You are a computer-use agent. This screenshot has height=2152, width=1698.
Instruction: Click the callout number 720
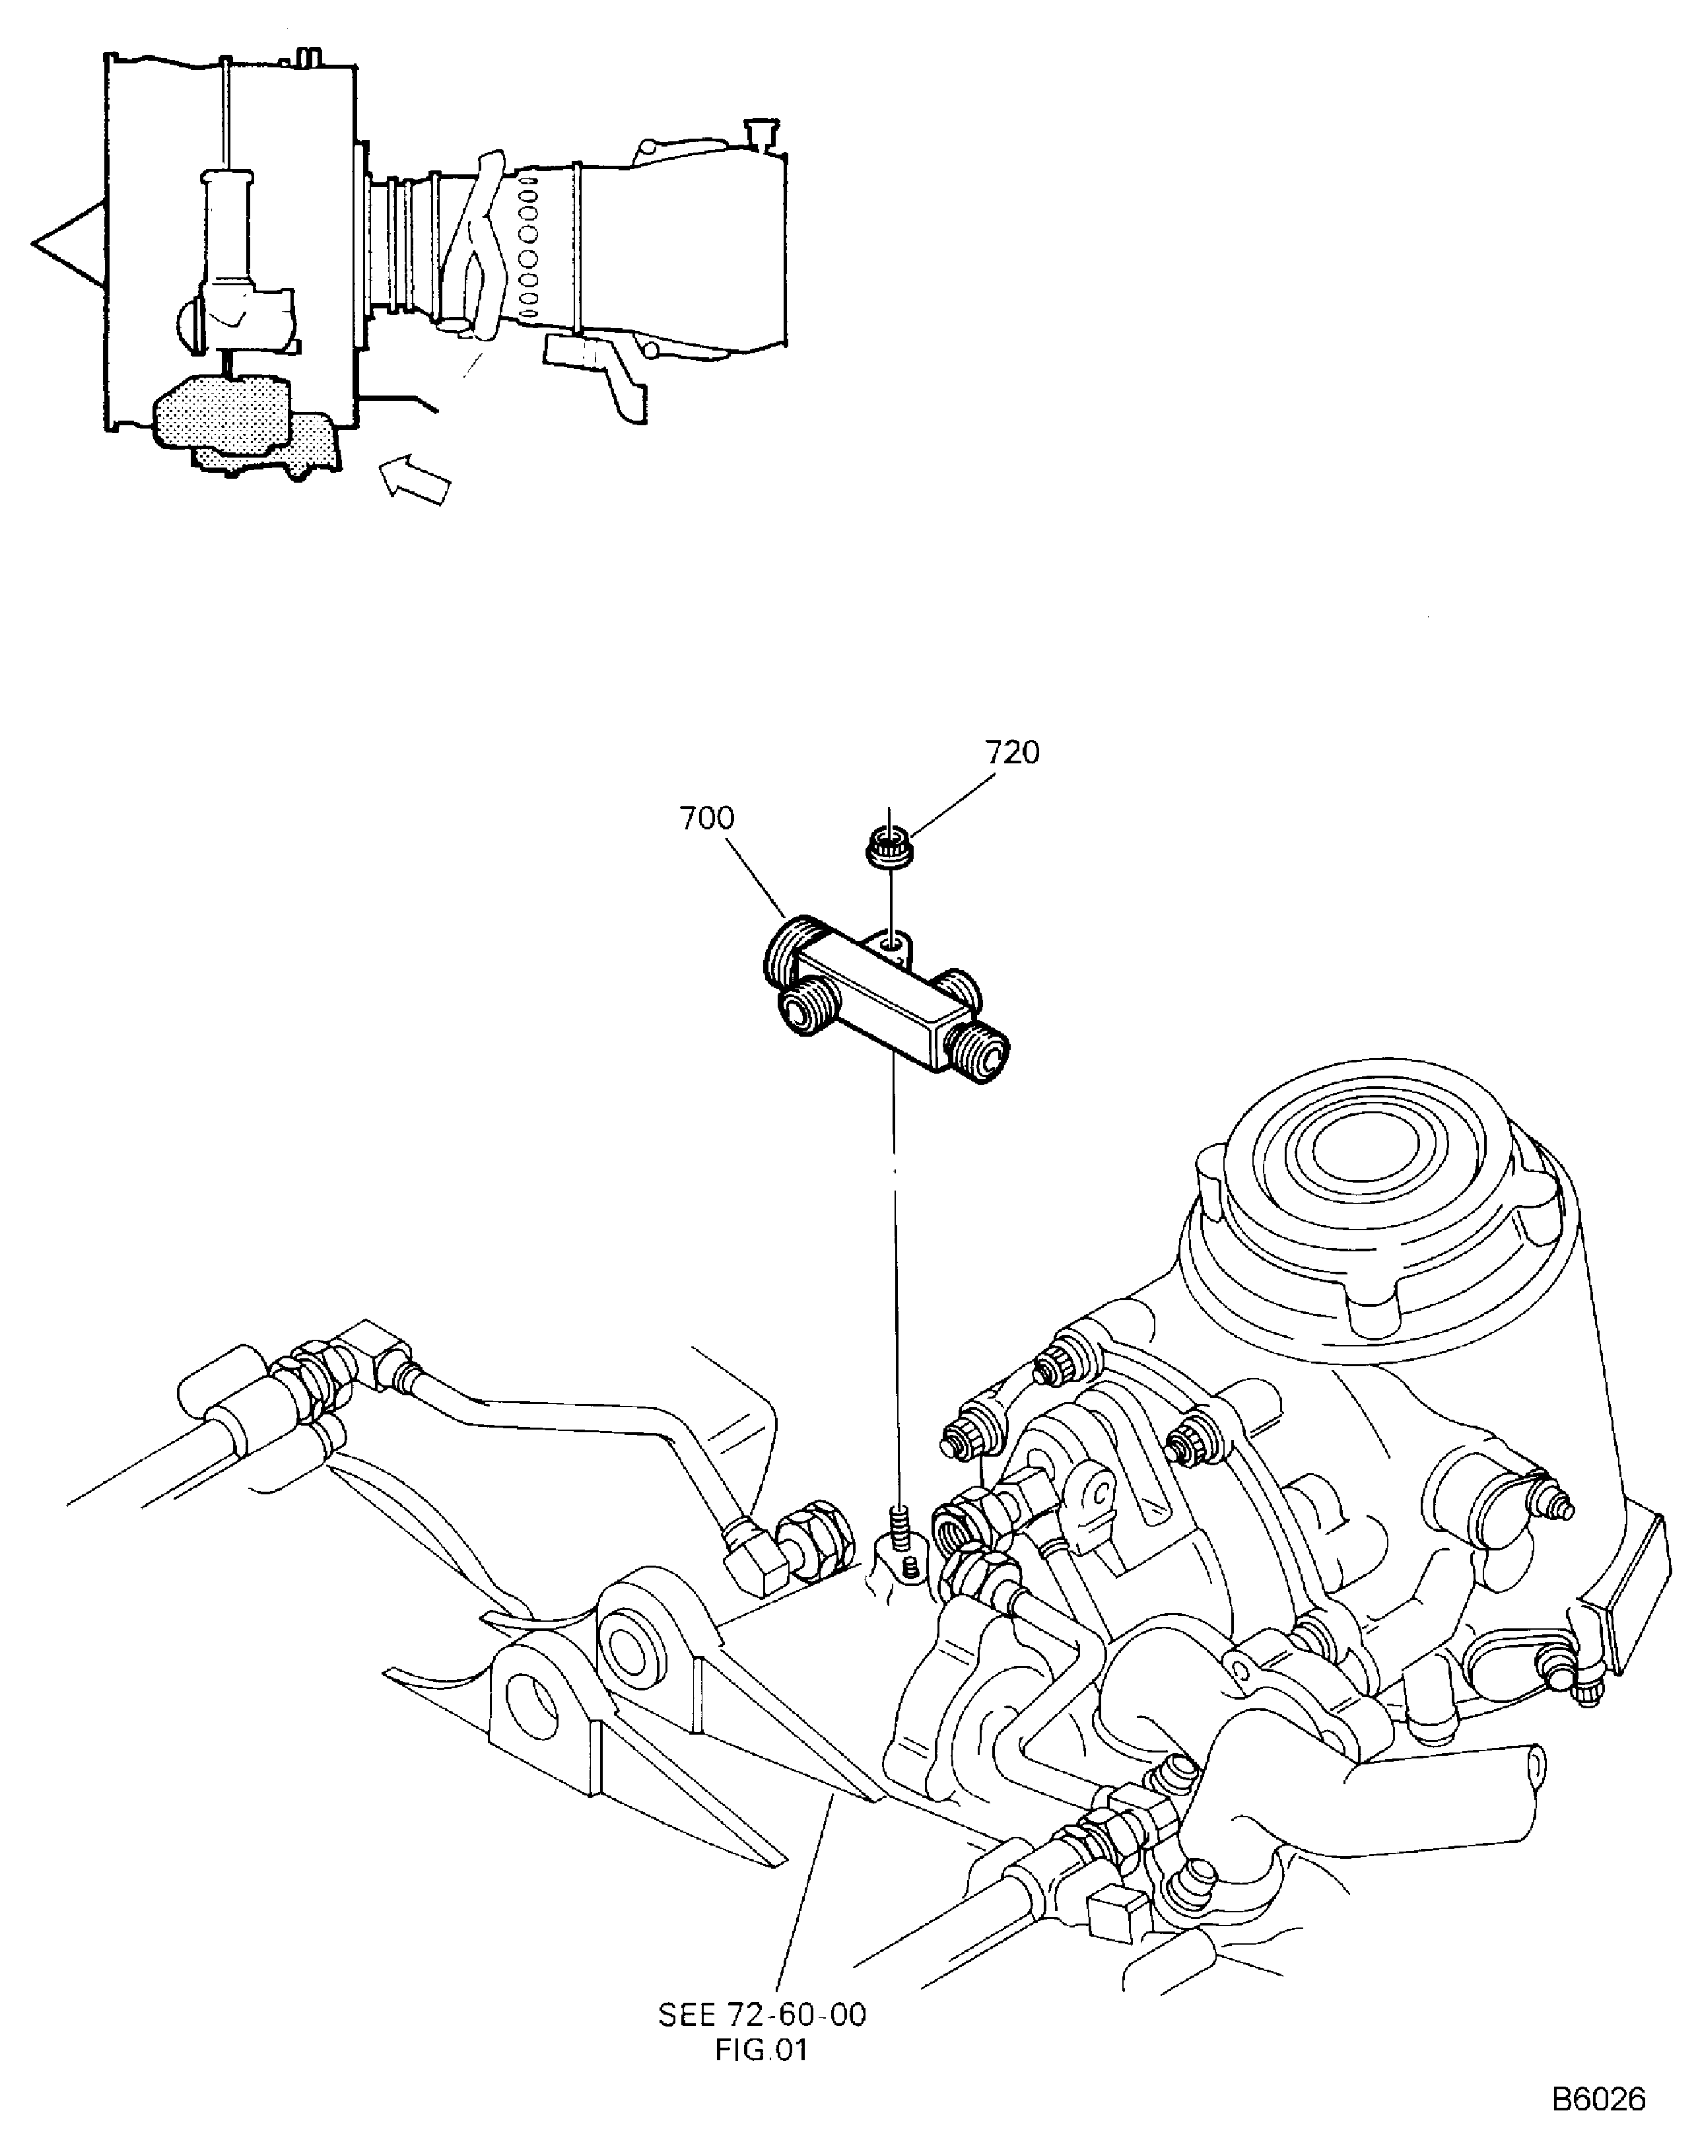click(x=1012, y=753)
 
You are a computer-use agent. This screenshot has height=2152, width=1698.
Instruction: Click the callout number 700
click(x=707, y=818)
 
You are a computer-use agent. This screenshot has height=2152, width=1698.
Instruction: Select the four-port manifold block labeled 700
click(x=886, y=1000)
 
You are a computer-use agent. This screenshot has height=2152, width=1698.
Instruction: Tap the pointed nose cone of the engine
click(x=67, y=242)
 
